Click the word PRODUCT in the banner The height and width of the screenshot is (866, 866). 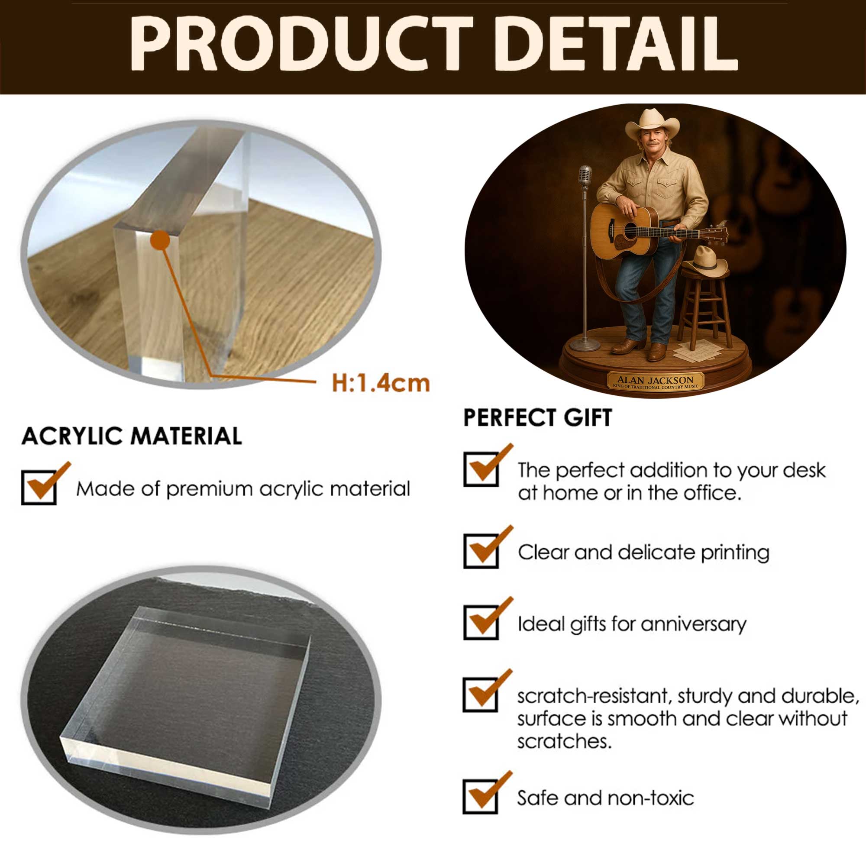[x=302, y=43]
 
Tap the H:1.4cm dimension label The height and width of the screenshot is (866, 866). [x=381, y=384]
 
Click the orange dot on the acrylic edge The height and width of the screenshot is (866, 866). [x=160, y=240]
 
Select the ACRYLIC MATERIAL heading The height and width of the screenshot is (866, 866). [x=132, y=436]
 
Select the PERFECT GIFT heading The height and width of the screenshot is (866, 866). [x=538, y=417]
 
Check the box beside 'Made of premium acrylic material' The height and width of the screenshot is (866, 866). [x=39, y=487]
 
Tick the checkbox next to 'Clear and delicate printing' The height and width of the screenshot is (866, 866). [x=481, y=551]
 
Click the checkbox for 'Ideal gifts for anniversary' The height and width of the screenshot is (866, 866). [x=481, y=623]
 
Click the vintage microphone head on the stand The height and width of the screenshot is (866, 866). [x=585, y=175]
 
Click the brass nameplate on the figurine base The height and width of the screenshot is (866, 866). [x=655, y=381]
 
